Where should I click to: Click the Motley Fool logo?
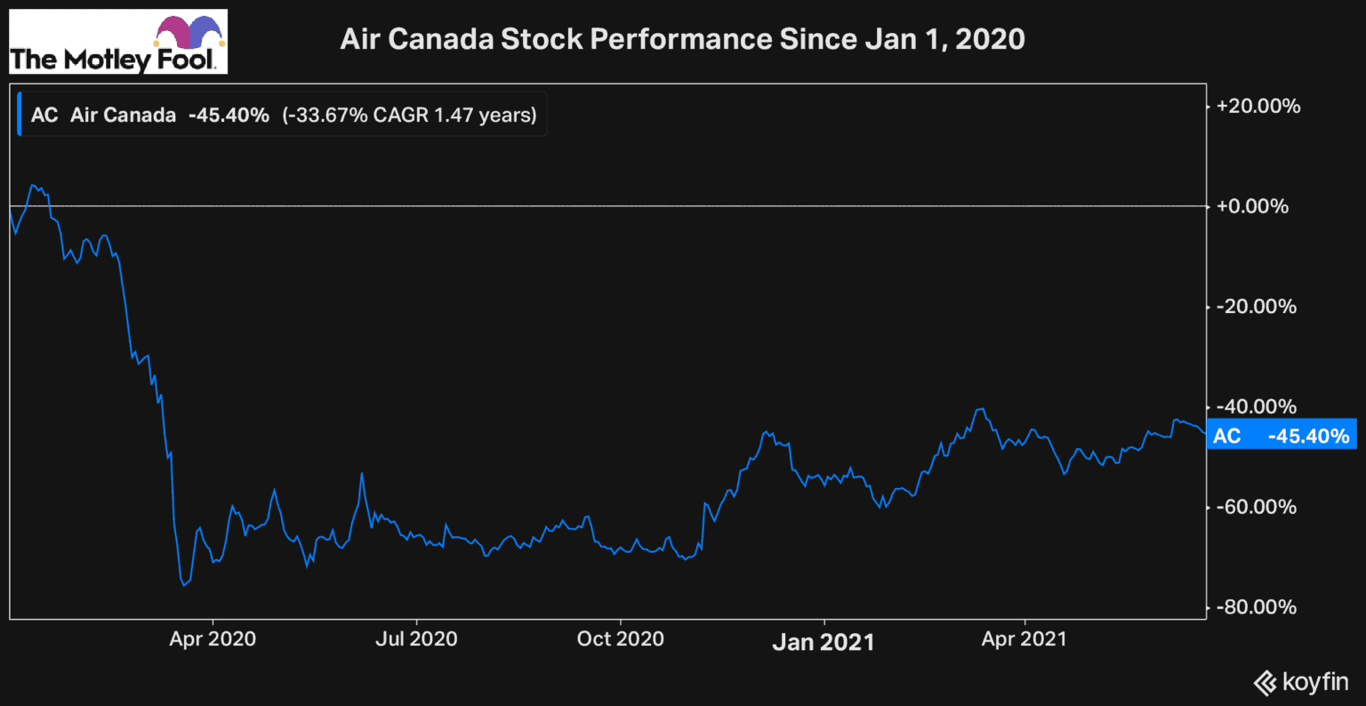click(117, 42)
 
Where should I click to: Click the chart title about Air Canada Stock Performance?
click(682, 39)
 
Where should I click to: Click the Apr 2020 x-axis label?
click(213, 639)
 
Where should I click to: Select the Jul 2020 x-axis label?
click(416, 639)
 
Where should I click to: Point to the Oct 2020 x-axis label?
click(620, 639)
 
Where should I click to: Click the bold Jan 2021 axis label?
click(824, 641)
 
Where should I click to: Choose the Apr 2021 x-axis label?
click(1024, 639)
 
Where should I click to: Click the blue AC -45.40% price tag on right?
click(1281, 436)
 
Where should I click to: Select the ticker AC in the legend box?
click(44, 115)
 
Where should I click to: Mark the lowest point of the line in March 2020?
click(184, 585)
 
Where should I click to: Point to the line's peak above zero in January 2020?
click(32, 185)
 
